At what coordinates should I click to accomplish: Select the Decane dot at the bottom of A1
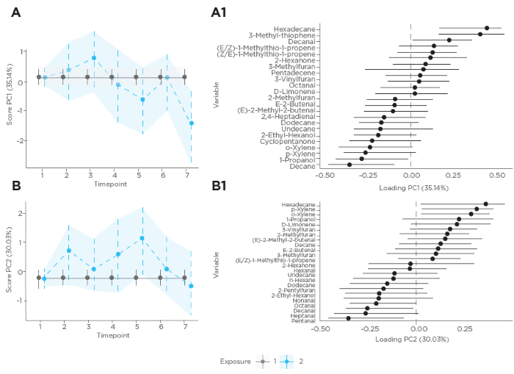349,165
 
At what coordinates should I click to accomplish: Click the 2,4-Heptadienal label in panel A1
289,116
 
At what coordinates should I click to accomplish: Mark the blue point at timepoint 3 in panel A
94,58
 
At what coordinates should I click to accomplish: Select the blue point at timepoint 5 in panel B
142,238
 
